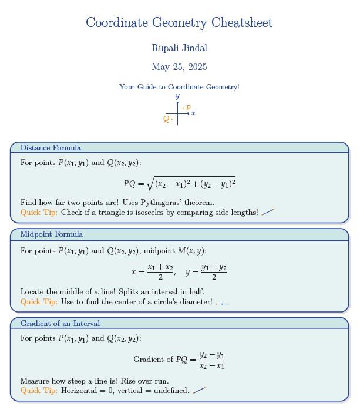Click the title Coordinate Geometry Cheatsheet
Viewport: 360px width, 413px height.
(179, 23)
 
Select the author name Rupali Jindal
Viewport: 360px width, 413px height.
(179, 48)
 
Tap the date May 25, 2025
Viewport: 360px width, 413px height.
(179, 67)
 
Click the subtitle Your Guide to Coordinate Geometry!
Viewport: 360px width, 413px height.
(179, 87)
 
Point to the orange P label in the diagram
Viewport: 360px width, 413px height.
(188, 108)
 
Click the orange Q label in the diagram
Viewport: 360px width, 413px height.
(166, 119)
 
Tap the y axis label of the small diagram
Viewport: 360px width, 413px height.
(177, 96)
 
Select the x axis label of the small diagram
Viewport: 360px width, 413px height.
(193, 113)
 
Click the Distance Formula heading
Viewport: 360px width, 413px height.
(51, 148)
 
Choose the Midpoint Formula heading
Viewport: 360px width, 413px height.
(52, 234)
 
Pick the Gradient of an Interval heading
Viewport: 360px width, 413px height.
(60, 324)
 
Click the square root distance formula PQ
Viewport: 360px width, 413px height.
(179, 184)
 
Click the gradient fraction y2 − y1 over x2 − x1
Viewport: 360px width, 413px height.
(211, 360)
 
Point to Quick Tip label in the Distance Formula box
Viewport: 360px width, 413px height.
(39, 213)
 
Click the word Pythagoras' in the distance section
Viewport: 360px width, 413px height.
(174, 203)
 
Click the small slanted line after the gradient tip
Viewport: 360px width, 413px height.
(199, 390)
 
